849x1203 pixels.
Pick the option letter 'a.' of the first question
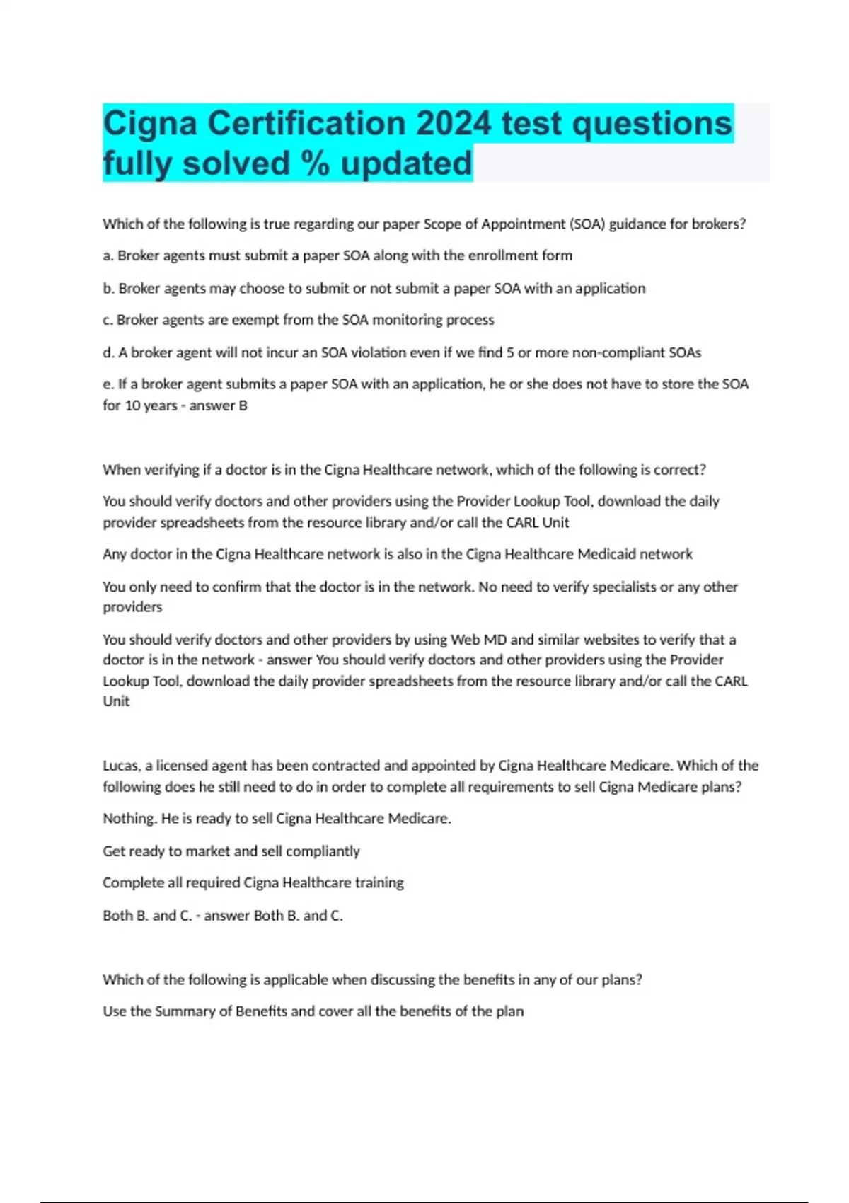(x=108, y=255)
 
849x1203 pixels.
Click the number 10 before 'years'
(x=132, y=405)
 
